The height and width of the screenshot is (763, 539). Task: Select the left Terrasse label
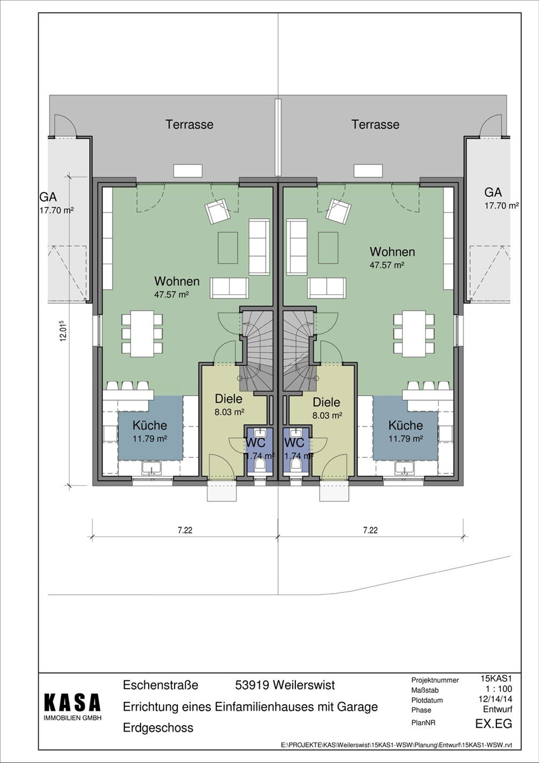[x=189, y=124]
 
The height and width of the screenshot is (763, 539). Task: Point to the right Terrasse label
[x=375, y=124]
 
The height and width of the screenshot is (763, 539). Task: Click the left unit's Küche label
[x=150, y=426]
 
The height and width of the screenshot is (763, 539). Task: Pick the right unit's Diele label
[x=327, y=402]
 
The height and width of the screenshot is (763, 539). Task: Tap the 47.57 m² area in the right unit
[x=387, y=265]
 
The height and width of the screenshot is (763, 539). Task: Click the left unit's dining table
[x=142, y=334]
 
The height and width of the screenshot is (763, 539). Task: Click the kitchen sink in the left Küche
[x=152, y=468]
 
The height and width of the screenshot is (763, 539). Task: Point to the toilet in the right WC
[x=296, y=464]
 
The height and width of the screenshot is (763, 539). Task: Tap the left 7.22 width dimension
[x=185, y=530]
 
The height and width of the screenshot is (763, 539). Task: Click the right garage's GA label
[x=493, y=192]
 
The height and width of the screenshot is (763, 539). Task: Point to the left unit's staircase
[x=257, y=351]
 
